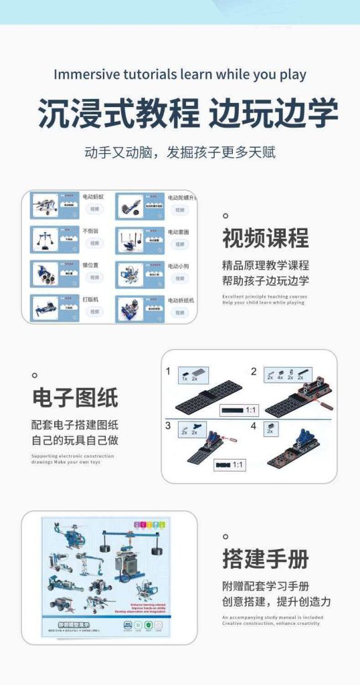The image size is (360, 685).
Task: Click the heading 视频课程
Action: coord(266,238)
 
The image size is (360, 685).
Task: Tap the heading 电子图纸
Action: coord(75,397)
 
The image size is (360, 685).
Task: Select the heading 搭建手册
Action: coord(266,559)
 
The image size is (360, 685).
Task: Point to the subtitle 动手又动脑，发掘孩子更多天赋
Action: coord(179,152)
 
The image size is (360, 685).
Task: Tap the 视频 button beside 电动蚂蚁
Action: coord(94,209)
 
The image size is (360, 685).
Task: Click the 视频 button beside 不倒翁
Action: coord(94,243)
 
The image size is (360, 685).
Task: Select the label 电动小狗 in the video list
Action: coord(179,266)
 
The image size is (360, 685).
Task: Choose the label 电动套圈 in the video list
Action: coord(179,231)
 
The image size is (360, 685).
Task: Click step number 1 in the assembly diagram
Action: coord(169,371)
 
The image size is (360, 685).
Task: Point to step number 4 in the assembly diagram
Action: coord(254,425)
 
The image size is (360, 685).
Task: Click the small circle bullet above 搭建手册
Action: coord(226,536)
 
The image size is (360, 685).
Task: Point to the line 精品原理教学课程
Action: coord(266,265)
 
